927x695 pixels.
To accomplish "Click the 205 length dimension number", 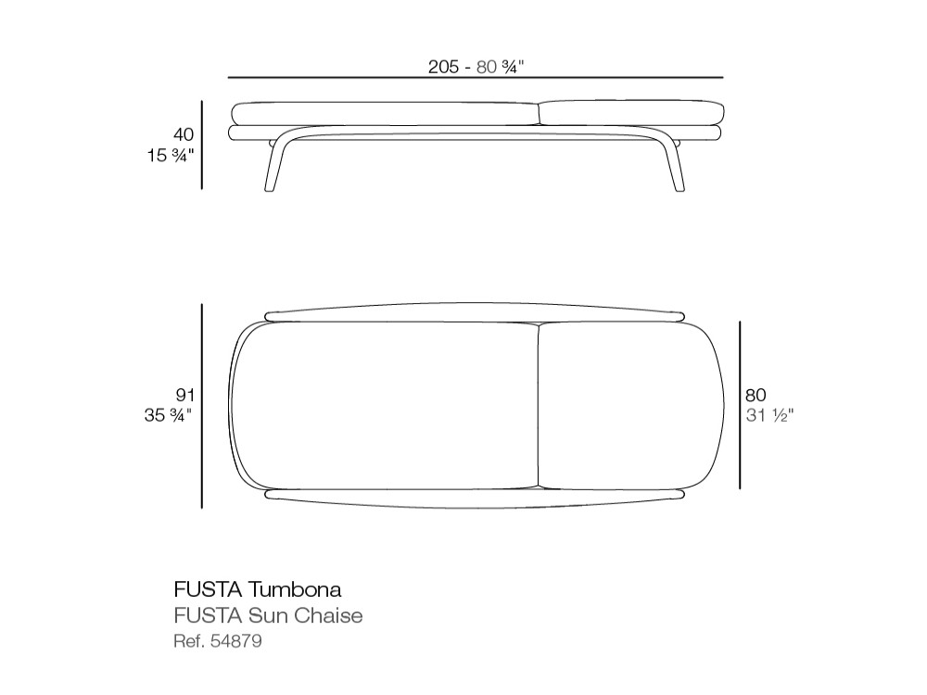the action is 443,66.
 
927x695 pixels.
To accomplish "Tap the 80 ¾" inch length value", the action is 501,66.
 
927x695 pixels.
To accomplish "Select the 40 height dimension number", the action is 184,134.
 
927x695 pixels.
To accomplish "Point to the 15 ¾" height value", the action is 171,156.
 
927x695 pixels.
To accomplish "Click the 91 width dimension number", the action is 185,395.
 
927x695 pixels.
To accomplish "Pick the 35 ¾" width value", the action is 169,415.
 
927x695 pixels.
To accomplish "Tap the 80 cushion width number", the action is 756,395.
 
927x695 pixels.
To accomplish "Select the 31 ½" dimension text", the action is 769,415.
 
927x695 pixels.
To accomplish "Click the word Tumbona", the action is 295,589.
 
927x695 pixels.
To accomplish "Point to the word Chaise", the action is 328,615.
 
